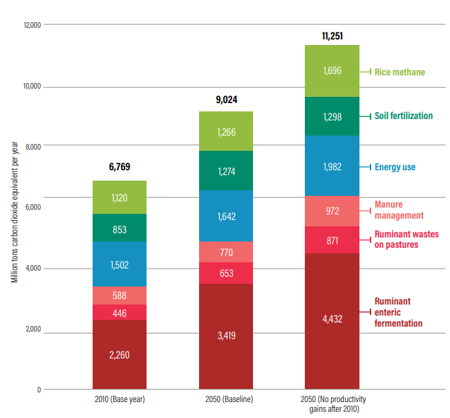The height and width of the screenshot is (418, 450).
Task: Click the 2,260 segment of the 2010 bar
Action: point(119,355)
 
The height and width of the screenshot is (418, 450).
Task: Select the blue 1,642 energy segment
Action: point(225,217)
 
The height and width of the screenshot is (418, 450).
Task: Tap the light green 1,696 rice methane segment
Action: point(332,71)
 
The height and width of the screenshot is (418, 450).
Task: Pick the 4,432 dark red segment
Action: point(332,318)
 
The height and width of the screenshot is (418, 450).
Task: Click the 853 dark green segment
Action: point(119,229)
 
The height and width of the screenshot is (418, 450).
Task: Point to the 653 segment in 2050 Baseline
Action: point(225,273)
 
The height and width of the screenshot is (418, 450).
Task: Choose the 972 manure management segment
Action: point(332,210)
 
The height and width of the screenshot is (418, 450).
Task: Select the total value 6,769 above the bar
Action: point(119,167)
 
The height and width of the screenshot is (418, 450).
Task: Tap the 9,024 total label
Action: point(226,99)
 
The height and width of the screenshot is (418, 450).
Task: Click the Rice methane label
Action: point(400,71)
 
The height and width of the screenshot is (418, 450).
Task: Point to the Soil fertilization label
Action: point(404,116)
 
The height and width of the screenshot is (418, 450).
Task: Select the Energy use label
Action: point(395,167)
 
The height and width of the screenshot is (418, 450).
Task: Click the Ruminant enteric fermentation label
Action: point(398,312)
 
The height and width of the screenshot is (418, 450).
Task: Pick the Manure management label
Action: point(398,210)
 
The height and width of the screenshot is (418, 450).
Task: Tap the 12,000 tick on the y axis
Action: point(32,25)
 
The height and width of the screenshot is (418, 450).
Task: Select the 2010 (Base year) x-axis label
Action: point(119,400)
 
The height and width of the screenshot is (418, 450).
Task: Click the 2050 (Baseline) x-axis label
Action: point(225,400)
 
